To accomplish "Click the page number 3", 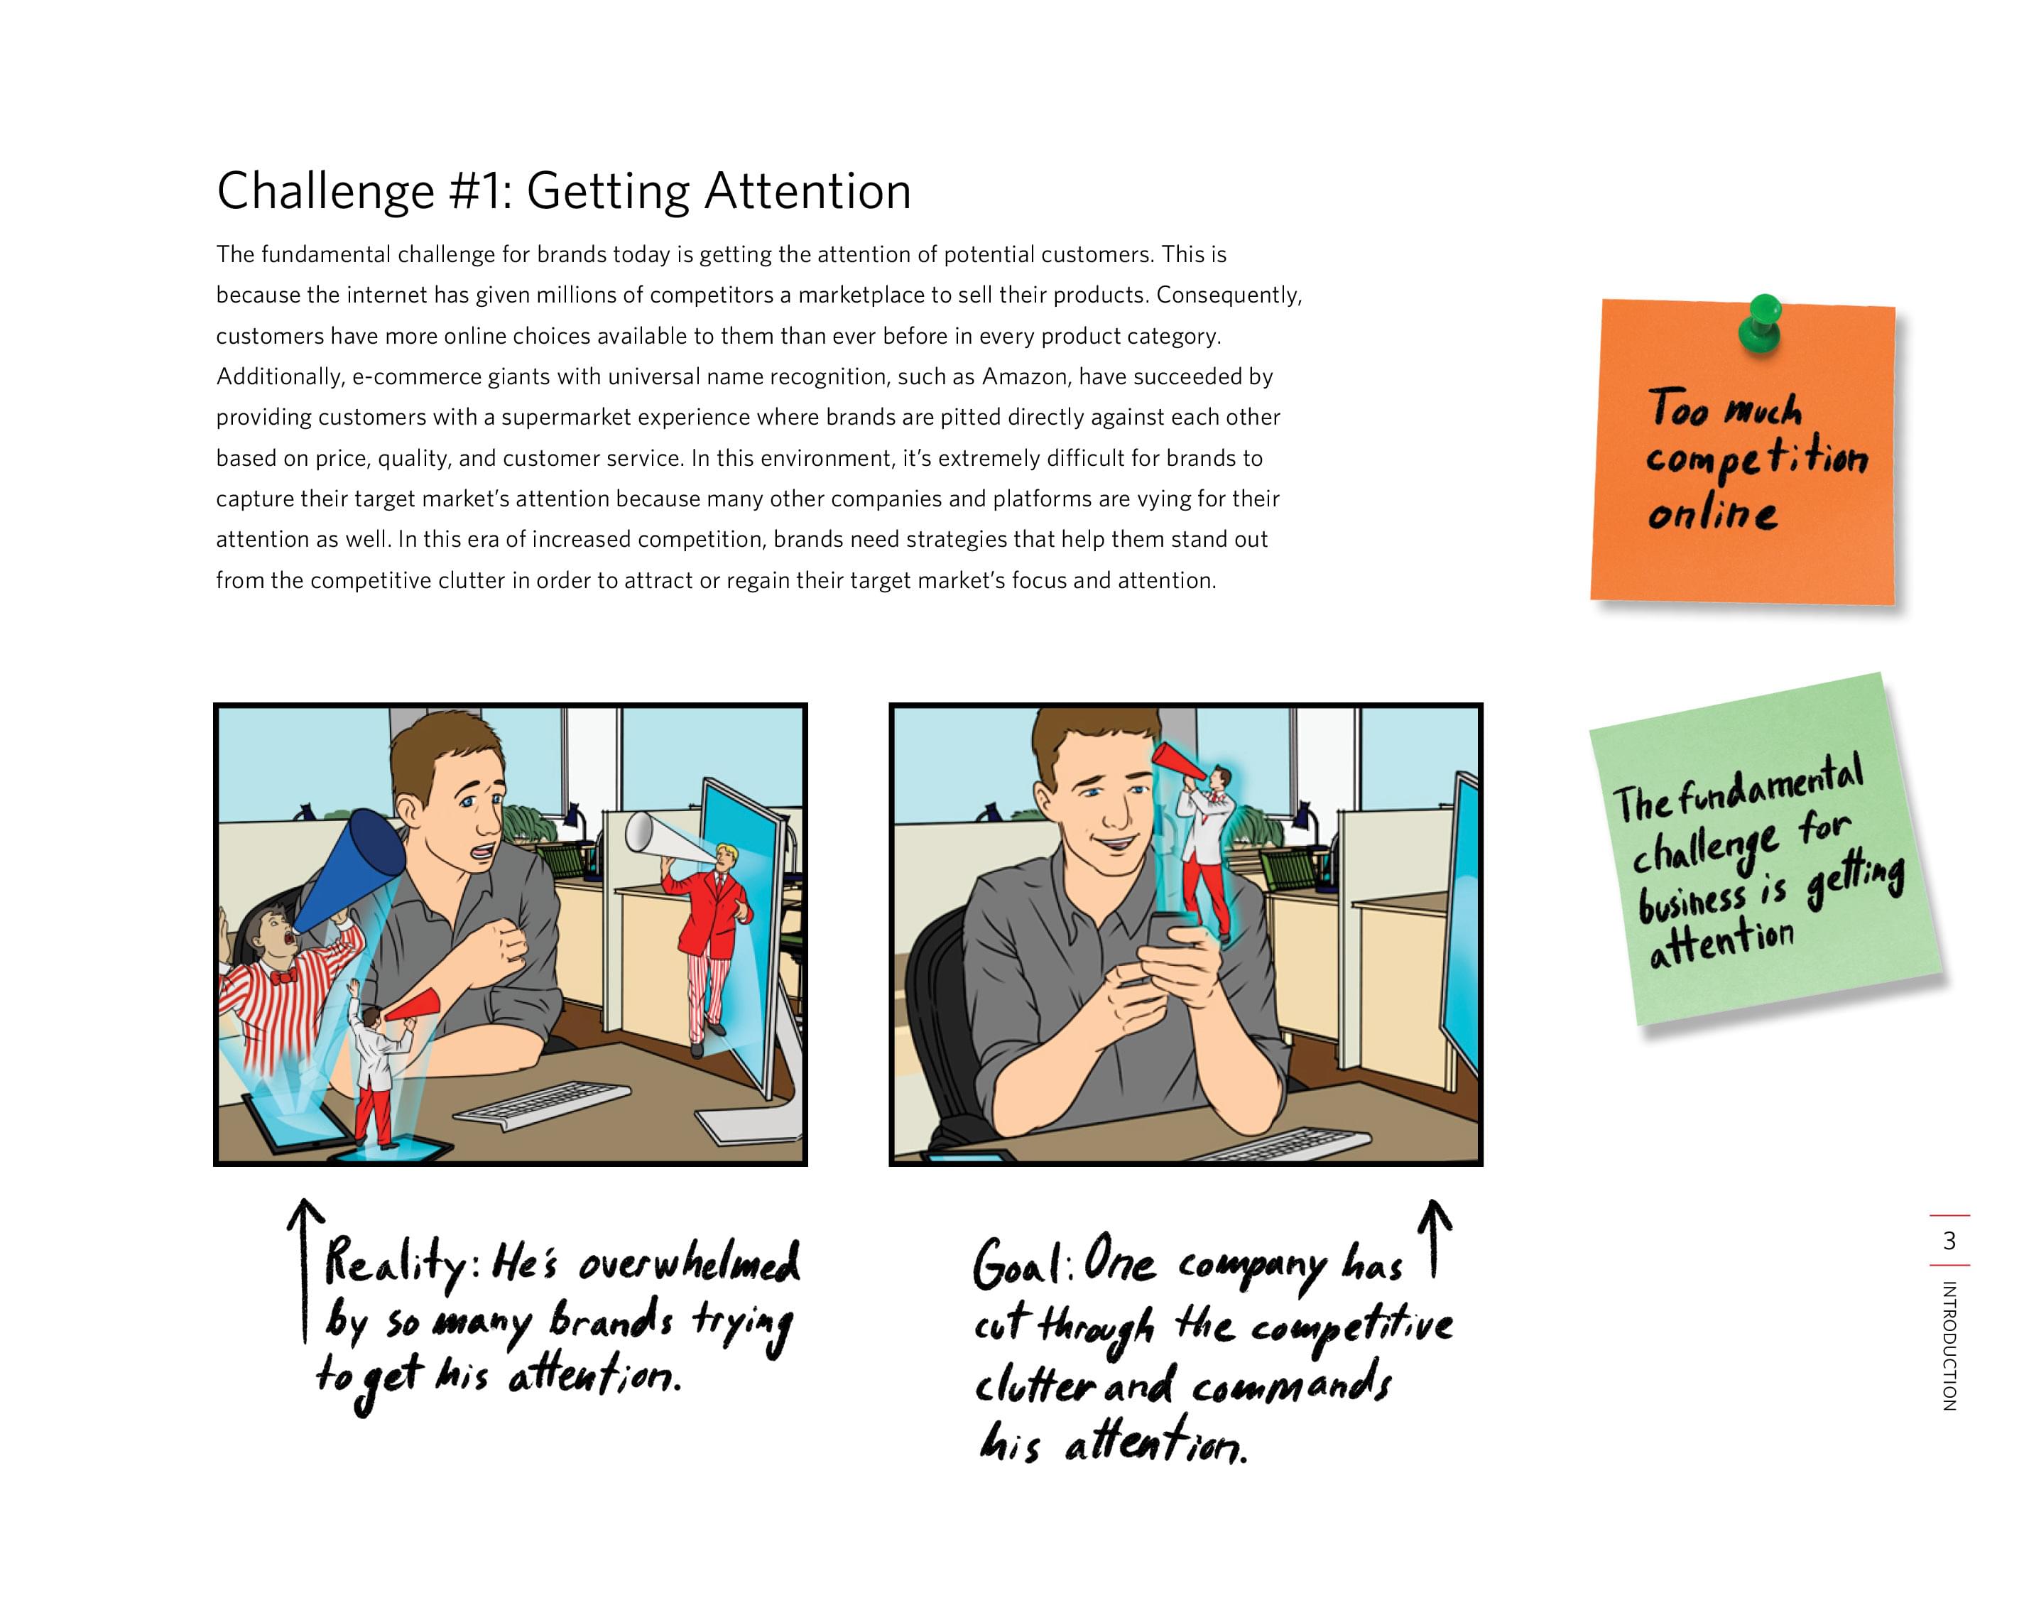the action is click(x=1949, y=1241).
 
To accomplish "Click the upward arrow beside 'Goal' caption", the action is click(x=1435, y=1239).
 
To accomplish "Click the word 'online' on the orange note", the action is click(x=1712, y=513).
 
